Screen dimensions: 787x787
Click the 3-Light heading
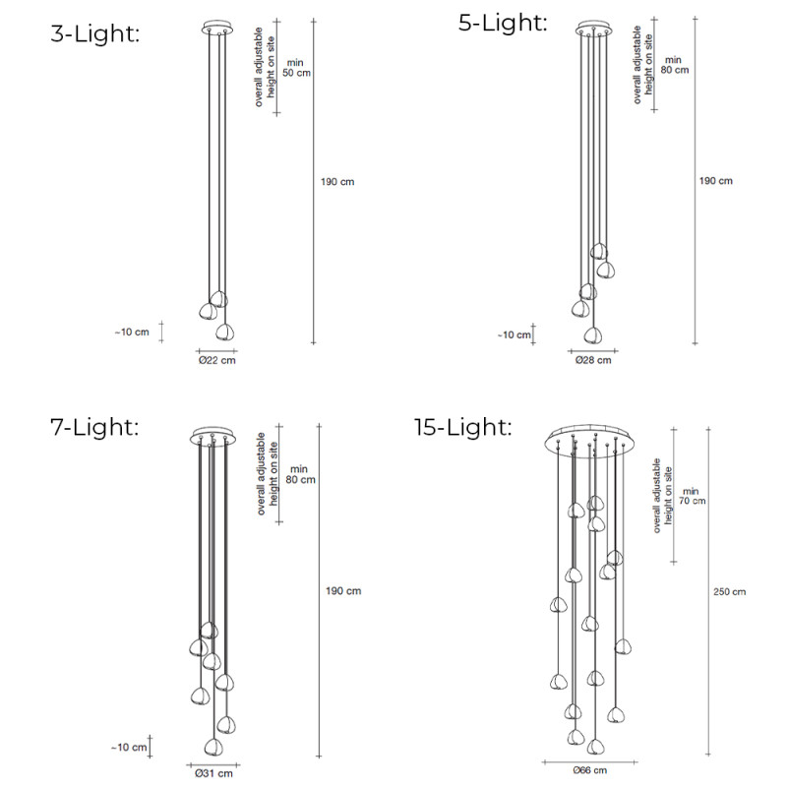[x=95, y=33]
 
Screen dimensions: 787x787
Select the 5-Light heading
[x=503, y=23]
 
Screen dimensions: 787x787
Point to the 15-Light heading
[x=463, y=427]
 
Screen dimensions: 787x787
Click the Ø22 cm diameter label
[x=216, y=360]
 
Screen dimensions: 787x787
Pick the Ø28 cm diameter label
[x=593, y=360]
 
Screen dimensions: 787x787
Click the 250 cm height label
[x=729, y=591]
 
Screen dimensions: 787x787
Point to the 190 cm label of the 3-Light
[x=337, y=183]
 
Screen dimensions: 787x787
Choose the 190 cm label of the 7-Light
[x=343, y=591]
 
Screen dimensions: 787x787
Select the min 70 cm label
[x=692, y=496]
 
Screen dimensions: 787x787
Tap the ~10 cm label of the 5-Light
[x=514, y=334]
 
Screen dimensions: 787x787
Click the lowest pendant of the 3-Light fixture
[x=226, y=331]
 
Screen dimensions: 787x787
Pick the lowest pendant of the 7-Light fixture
[x=212, y=746]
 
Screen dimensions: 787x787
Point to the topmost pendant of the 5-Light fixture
[x=599, y=250]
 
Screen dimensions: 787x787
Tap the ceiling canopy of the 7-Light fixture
[x=212, y=436]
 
